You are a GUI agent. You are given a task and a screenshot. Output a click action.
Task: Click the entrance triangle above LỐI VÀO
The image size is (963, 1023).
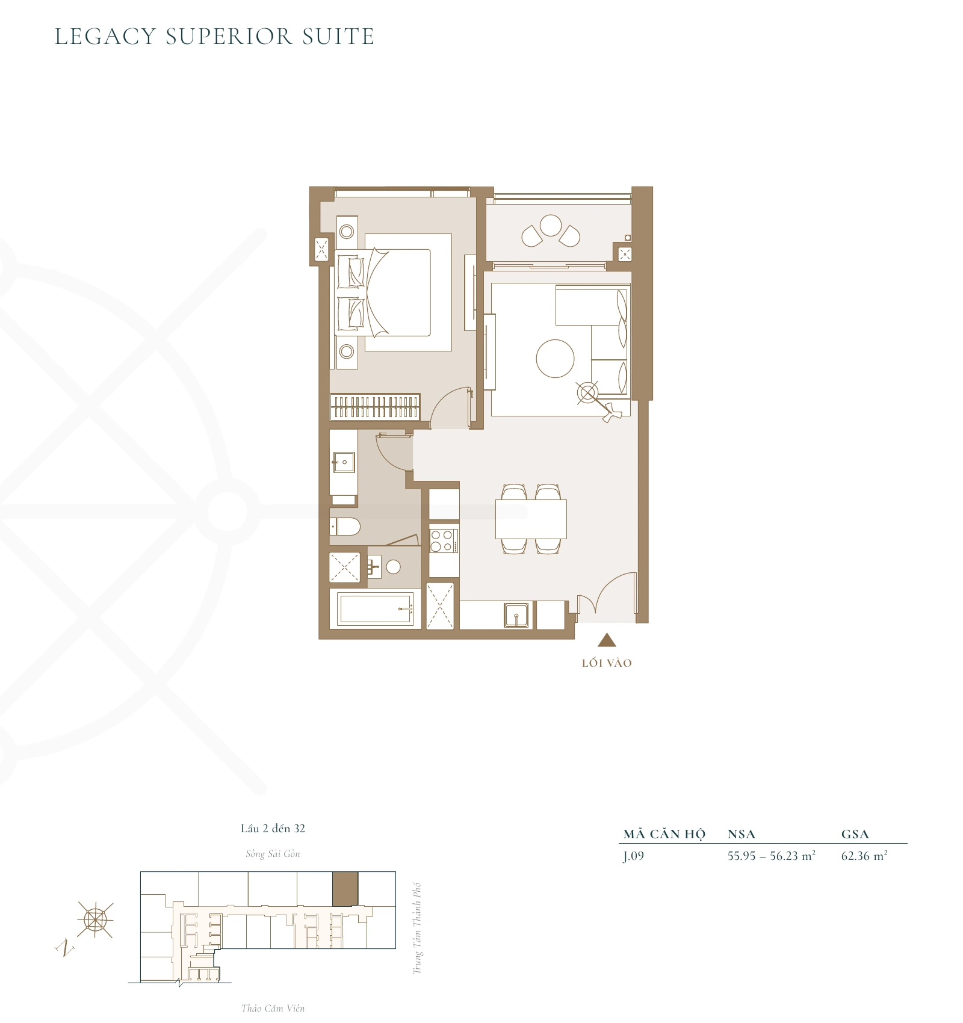(607, 640)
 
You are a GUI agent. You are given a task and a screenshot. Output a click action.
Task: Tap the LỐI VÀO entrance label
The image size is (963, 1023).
(607, 663)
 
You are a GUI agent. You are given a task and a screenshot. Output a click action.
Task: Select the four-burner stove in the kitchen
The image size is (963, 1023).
(444, 540)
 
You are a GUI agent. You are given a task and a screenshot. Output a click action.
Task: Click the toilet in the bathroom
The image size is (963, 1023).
(345, 527)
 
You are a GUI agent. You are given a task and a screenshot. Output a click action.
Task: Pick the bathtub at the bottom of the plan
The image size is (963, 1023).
(376, 608)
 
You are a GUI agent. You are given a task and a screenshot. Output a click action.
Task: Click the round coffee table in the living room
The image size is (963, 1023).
(555, 359)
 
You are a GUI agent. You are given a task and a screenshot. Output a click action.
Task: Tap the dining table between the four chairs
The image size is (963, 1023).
(531, 519)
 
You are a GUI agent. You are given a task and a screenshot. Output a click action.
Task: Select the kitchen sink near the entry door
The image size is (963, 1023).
(516, 615)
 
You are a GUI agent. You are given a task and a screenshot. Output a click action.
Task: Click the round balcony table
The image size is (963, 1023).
(551, 226)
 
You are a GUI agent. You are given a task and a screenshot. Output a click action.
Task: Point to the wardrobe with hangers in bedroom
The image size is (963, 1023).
(374, 407)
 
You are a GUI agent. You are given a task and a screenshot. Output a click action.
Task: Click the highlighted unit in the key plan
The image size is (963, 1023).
(345, 888)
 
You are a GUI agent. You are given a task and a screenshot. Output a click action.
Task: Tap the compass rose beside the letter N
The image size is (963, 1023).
(95, 919)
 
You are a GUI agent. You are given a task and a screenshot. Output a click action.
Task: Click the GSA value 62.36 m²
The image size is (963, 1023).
(864, 856)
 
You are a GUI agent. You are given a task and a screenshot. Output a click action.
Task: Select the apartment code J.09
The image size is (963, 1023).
(634, 856)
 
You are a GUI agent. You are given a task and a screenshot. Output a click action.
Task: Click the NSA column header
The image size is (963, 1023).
(741, 834)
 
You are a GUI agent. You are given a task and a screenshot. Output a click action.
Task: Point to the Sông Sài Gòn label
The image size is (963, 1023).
(273, 853)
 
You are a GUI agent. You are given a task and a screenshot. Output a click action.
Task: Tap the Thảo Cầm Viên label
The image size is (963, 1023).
(273, 1008)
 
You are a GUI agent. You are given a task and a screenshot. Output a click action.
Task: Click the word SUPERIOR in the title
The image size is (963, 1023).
(229, 37)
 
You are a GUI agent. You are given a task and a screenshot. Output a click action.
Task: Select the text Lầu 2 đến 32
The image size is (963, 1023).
(273, 828)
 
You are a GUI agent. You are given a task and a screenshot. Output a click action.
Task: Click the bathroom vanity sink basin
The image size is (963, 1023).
(344, 463)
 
